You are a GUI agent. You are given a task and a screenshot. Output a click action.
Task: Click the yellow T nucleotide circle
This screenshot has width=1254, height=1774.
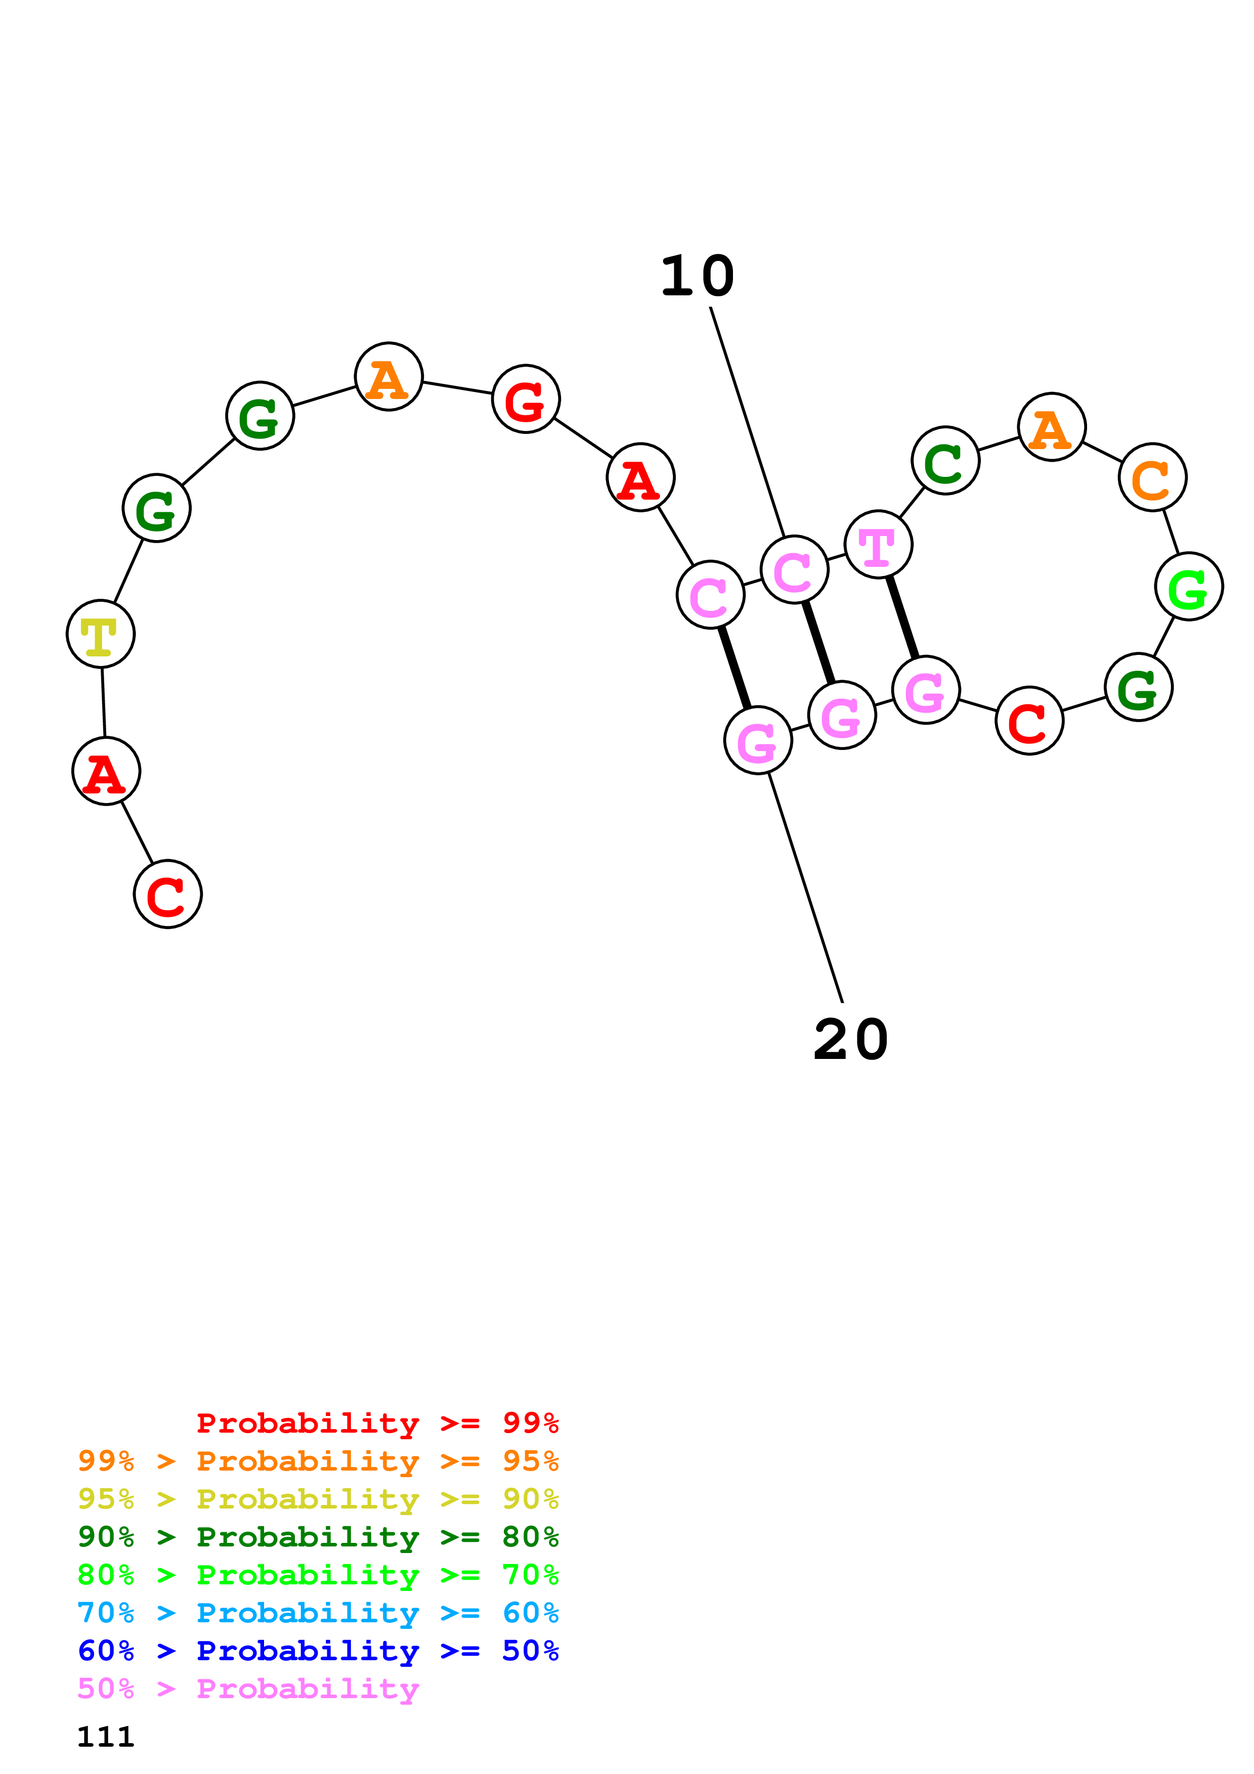click(x=101, y=634)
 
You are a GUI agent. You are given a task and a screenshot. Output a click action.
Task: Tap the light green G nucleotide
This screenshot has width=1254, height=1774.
click(x=1188, y=587)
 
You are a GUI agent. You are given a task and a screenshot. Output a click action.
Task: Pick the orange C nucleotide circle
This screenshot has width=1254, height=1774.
click(x=1152, y=477)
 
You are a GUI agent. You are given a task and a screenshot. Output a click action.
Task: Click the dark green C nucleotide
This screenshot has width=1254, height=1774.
click(x=945, y=461)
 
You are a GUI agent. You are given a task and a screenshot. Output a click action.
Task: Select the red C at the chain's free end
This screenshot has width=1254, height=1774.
click(x=167, y=894)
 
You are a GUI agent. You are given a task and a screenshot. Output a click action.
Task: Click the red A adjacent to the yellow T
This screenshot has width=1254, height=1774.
click(x=106, y=771)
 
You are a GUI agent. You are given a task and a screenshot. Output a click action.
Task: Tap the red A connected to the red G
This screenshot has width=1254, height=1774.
click(x=640, y=477)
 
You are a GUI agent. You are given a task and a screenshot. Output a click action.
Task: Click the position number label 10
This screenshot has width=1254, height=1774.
click(x=697, y=277)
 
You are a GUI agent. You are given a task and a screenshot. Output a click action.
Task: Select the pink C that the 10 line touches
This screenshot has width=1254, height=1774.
click(x=794, y=569)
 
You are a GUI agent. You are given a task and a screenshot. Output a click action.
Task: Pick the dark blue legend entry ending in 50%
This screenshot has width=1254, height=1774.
click(x=318, y=1651)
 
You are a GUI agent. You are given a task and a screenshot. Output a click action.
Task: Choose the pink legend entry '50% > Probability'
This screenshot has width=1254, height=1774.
click(x=247, y=1689)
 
